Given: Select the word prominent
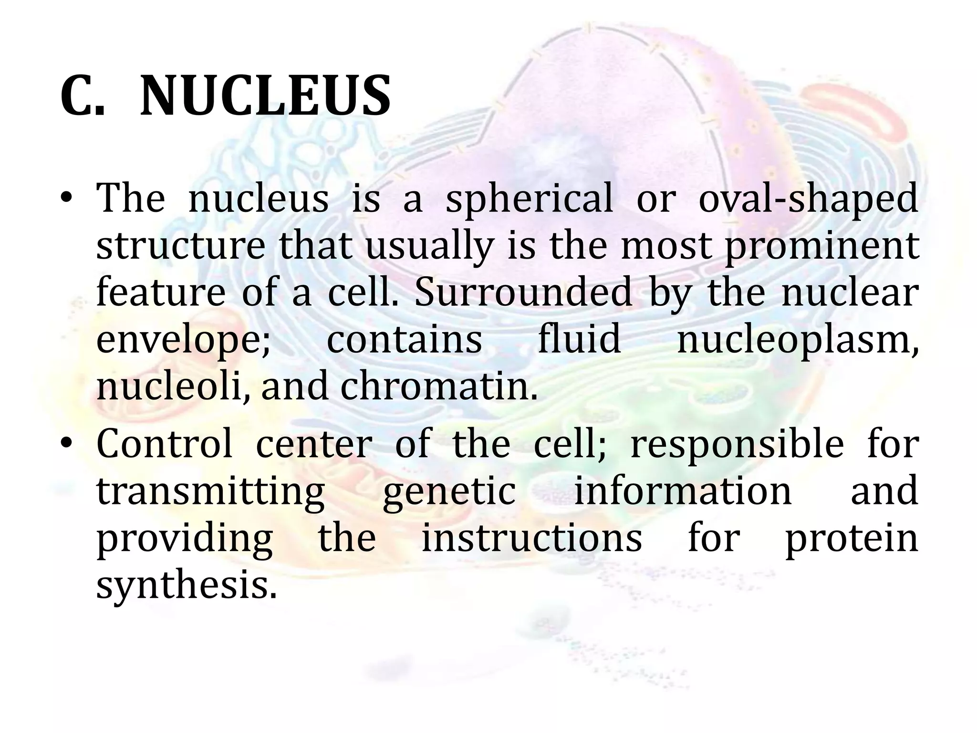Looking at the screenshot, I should tap(822, 247).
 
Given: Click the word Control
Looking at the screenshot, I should tap(165, 444).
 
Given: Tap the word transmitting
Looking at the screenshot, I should tap(210, 492).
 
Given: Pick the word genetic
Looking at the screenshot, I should tap(449, 492).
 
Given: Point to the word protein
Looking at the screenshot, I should tap(852, 539).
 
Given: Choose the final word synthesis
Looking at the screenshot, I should tap(186, 586).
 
